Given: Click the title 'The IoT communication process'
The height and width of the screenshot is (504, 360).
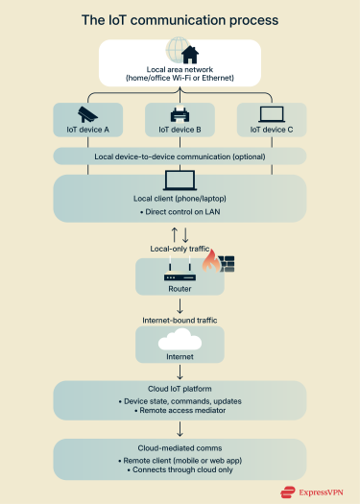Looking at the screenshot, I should pyautogui.click(x=180, y=19).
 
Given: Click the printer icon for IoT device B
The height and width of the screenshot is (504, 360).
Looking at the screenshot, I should pyautogui.click(x=180, y=115).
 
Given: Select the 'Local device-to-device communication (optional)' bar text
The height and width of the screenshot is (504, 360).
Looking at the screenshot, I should pyautogui.click(x=180, y=156).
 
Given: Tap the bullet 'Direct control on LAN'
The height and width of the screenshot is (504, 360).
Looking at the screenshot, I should pyautogui.click(x=180, y=209).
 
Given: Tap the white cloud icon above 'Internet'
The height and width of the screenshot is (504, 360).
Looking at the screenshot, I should pyautogui.click(x=180, y=340).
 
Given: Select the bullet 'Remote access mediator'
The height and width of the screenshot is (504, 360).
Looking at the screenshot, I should pyautogui.click(x=180, y=412).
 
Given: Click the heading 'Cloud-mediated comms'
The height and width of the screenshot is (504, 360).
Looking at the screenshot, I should pyautogui.click(x=180, y=447).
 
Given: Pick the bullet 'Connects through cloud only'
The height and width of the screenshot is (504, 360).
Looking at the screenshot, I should pyautogui.click(x=180, y=470).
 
